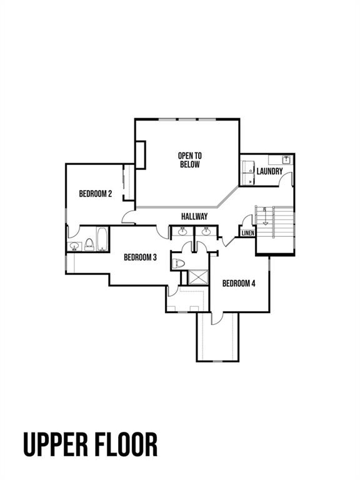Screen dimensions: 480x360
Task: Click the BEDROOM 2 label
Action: click(95, 194)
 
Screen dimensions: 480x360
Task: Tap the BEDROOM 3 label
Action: click(140, 257)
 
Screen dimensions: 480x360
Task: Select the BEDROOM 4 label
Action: click(239, 283)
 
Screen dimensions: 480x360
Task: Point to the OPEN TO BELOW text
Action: click(189, 160)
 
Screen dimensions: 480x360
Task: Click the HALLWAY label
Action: click(194, 216)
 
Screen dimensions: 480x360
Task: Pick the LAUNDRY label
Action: click(269, 171)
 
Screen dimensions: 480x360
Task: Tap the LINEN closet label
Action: click(247, 233)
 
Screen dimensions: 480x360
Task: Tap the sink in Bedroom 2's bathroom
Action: click(74, 246)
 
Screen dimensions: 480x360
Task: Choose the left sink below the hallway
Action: click(183, 232)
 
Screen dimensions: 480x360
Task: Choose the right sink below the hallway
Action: click(206, 232)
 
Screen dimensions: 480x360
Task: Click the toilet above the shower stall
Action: click(177, 262)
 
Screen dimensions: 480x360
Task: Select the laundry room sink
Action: click(285, 159)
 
